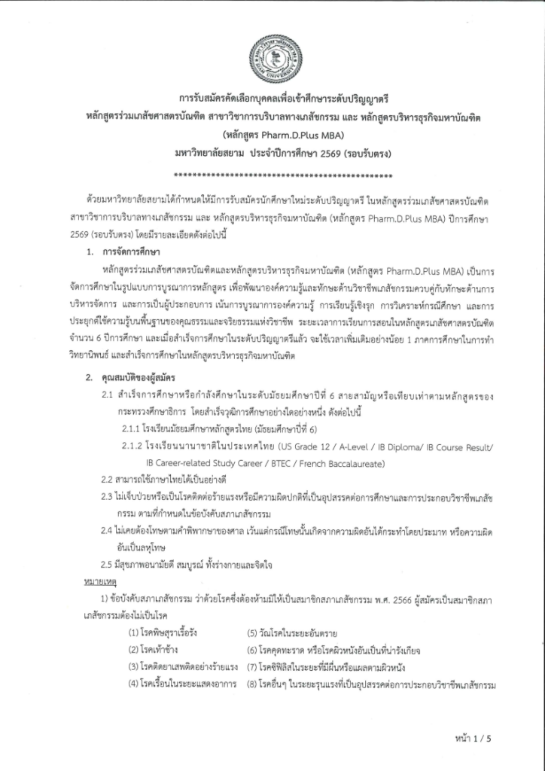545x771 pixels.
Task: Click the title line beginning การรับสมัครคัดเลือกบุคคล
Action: pos(272,99)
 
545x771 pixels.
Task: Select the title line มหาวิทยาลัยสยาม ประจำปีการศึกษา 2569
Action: pos(272,154)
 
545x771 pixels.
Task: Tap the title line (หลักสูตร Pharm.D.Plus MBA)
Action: pos(272,136)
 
